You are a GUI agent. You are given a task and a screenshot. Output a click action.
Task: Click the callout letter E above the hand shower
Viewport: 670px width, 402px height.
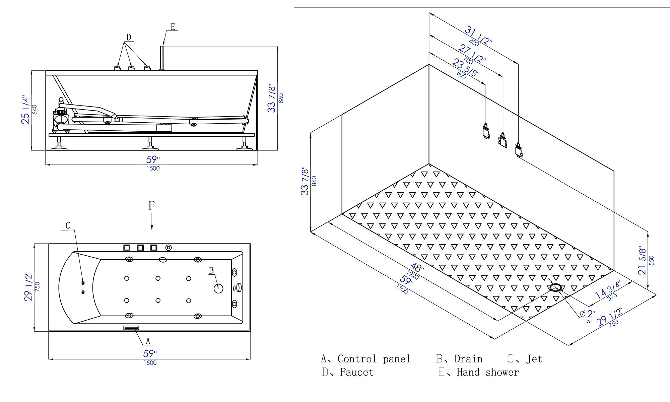173,27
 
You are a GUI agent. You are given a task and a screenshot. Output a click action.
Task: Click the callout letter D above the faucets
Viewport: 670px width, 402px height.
129,37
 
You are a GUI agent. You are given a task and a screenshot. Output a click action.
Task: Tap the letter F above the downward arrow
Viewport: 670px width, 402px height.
151,205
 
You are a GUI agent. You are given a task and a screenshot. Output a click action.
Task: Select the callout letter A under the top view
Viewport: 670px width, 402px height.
148,341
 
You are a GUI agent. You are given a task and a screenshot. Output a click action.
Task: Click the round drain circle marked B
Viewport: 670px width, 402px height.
218,288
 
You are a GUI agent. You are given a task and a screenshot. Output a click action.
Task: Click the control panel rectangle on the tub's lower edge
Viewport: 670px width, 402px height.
131,328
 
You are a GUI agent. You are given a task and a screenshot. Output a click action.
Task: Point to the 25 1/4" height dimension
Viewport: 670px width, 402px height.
25,110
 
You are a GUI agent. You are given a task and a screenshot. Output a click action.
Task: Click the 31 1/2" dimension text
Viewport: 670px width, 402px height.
478,36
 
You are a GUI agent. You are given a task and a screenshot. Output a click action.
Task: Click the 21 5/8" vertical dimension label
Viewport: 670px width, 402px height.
643,261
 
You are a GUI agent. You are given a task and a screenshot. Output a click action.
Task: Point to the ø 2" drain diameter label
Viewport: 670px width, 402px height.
588,314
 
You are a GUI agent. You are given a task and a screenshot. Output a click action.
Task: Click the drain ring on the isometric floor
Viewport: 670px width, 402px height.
556,287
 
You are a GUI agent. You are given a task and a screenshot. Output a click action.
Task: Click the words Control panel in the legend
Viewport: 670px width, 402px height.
374,359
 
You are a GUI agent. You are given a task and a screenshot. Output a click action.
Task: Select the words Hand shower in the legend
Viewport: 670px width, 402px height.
487,372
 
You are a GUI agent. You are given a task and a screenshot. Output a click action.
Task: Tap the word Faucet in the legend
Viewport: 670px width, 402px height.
356,372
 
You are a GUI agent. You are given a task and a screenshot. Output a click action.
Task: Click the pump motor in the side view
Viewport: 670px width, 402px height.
61,119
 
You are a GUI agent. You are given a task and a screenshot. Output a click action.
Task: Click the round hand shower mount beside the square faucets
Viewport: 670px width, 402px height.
169,248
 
